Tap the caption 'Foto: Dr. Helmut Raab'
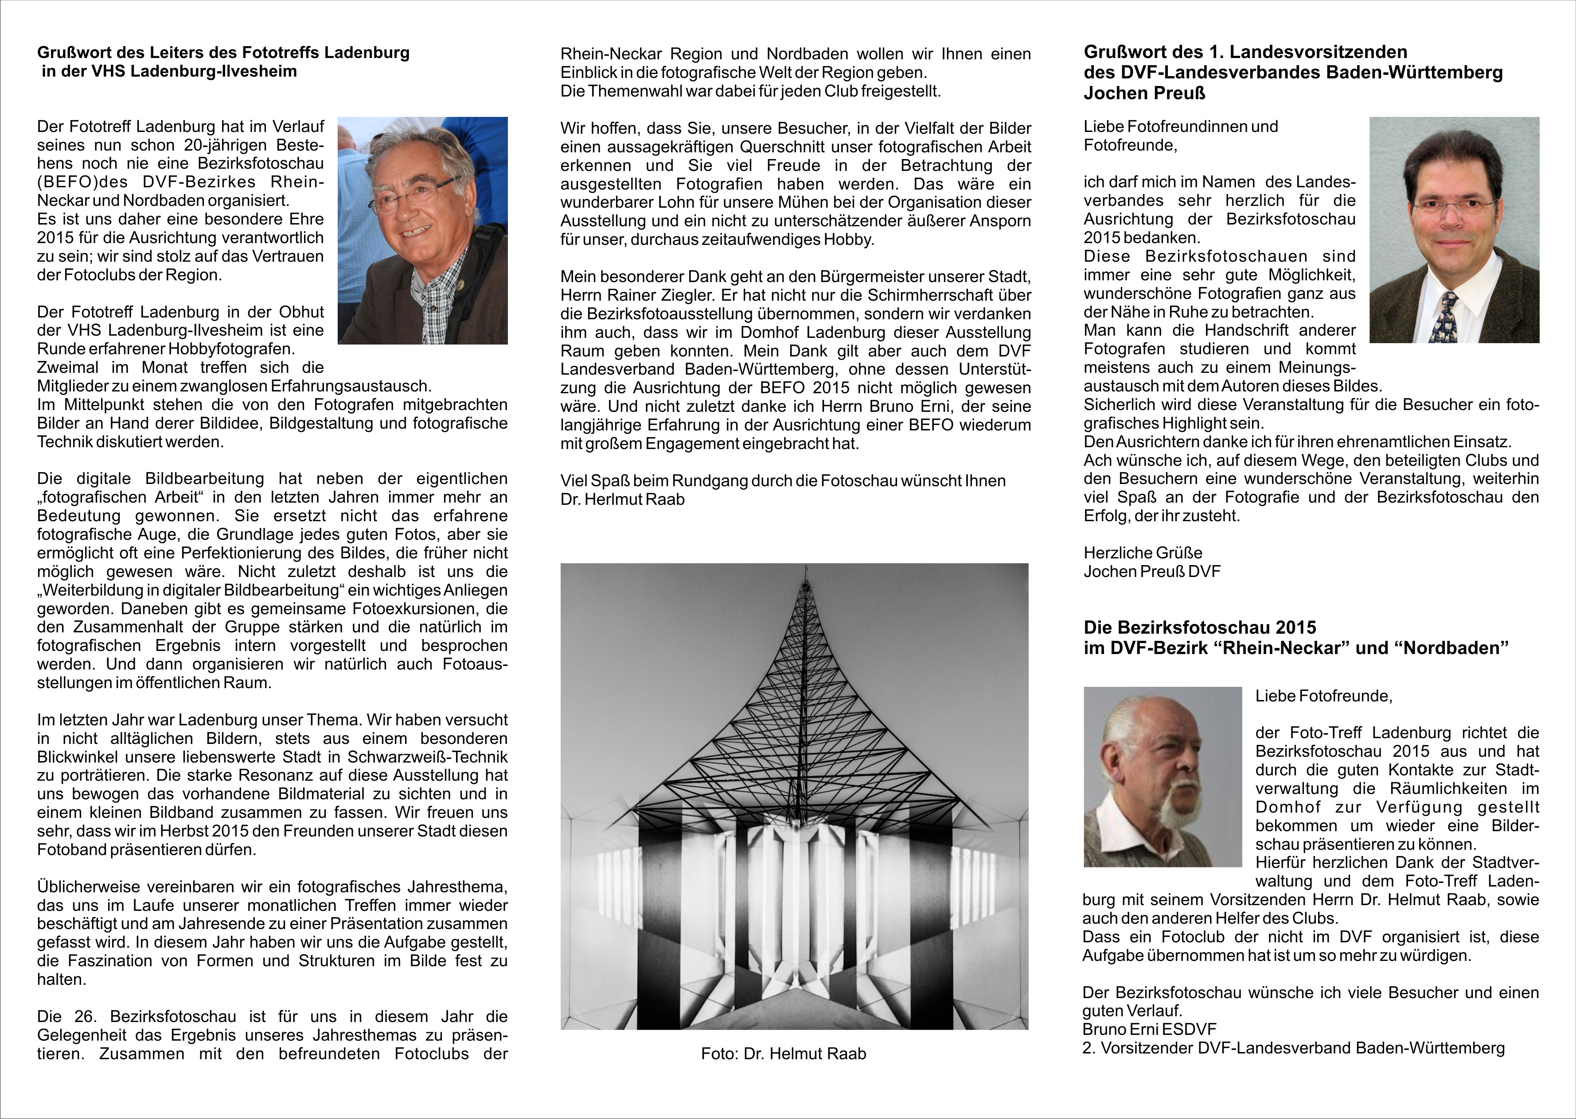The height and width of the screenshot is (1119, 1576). pos(783,1053)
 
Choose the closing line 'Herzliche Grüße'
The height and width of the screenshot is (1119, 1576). pos(1143,553)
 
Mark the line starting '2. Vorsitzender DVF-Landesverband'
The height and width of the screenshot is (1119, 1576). pos(1293,1048)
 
